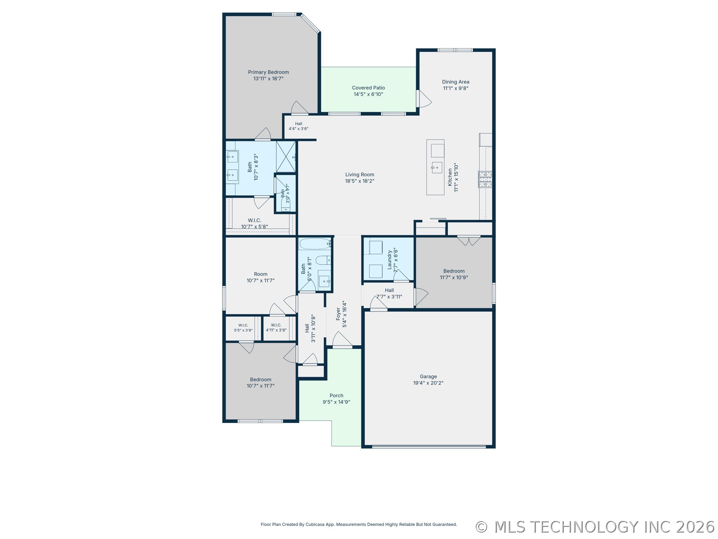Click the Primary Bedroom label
tap(268, 72)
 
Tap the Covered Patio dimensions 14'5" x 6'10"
tap(368, 94)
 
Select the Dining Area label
tap(456, 82)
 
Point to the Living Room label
tap(360, 175)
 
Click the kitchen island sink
tap(437, 167)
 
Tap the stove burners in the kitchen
tap(485, 179)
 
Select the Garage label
tap(428, 376)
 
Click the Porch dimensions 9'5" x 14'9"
tap(336, 402)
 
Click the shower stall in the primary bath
tap(286, 157)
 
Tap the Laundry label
tap(390, 259)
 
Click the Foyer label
tap(338, 314)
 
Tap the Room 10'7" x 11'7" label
tap(261, 274)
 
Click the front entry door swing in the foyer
tap(342, 339)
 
